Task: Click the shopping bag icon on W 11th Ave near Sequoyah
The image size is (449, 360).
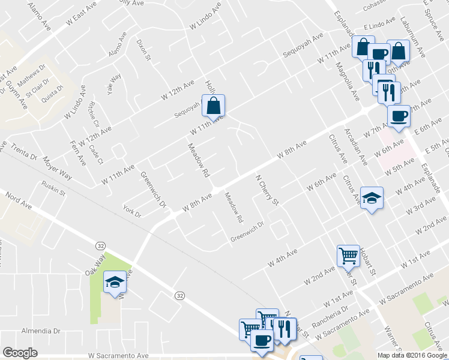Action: tap(214, 106)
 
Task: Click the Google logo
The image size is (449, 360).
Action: tap(20, 352)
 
